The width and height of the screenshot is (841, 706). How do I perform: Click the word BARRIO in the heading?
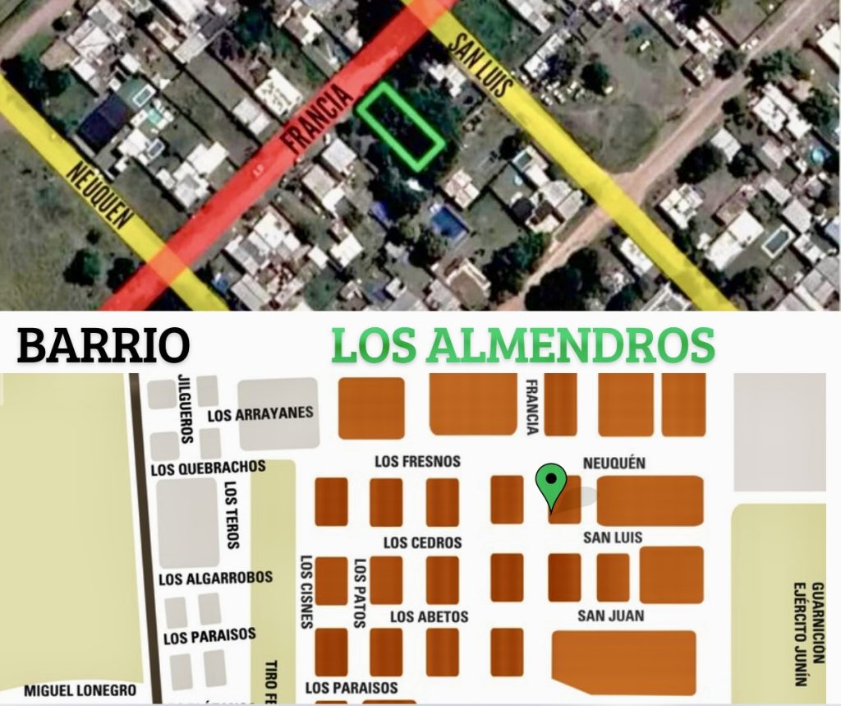coord(103,345)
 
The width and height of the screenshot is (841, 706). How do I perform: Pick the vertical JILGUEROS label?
coord(186,408)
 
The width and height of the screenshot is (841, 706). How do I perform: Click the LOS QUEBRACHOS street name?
coord(209,468)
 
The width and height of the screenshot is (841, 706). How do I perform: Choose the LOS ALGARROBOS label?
coord(216,579)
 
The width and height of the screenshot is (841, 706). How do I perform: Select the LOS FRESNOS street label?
coord(417,462)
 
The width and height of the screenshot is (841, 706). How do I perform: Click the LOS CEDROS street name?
coord(422,542)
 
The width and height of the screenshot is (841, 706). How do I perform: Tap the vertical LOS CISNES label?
coord(306,592)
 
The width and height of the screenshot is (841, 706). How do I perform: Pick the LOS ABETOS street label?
coord(429,616)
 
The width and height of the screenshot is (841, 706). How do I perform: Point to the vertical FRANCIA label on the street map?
coord(532,406)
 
